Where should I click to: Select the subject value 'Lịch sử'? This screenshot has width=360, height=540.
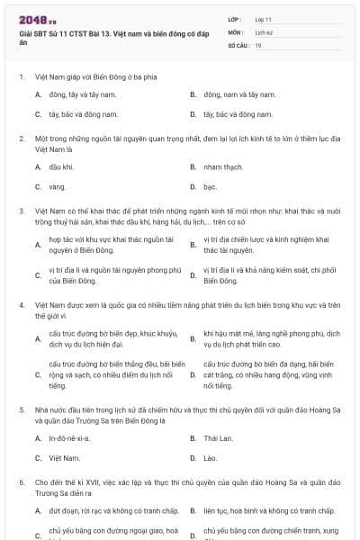pyautogui.click(x=263, y=31)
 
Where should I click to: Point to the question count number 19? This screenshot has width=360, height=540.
pyautogui.click(x=258, y=43)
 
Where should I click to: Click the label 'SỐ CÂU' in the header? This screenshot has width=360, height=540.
pyautogui.click(x=238, y=43)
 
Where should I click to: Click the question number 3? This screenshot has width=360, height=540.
pyautogui.click(x=22, y=210)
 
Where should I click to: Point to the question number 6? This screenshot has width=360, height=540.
pyautogui.click(x=22, y=481)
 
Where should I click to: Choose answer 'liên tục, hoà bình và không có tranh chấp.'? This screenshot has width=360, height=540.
pyautogui.click(x=267, y=510)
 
